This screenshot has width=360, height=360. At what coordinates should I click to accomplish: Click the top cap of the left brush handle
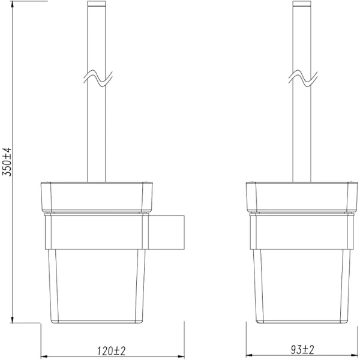click(x=97, y=5)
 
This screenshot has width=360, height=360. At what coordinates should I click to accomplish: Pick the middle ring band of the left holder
click(x=97, y=231)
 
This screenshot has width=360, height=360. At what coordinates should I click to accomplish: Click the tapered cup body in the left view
click(x=97, y=285)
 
